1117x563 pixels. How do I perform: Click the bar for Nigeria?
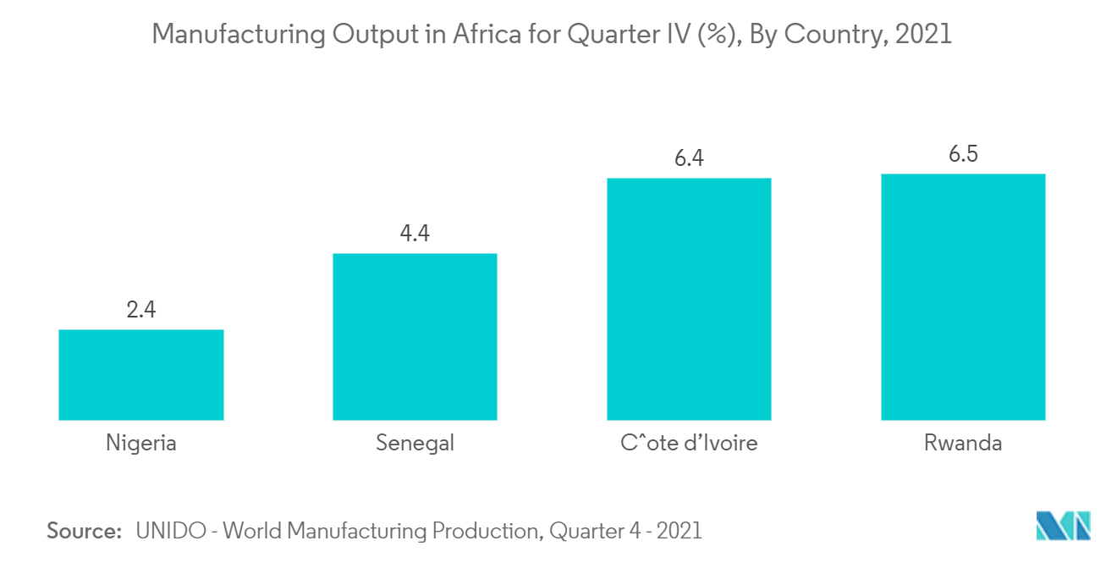click(x=141, y=375)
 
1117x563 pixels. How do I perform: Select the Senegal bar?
click(x=415, y=337)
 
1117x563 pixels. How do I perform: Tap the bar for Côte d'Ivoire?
click(x=689, y=299)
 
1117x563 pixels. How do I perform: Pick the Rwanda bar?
click(x=963, y=297)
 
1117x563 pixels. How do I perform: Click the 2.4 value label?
click(x=141, y=310)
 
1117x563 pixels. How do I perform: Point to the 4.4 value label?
click(x=415, y=233)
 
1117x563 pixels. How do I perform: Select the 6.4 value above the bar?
click(x=689, y=157)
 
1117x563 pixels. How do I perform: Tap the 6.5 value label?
click(x=963, y=153)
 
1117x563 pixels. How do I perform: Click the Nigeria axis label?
click(x=141, y=444)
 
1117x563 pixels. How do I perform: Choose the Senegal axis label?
click(x=415, y=444)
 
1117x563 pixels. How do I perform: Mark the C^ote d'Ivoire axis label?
click(x=689, y=443)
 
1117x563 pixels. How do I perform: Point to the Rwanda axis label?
click(x=963, y=443)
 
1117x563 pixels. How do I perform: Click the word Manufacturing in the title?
click(x=239, y=35)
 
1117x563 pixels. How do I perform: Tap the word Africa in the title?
click(x=487, y=34)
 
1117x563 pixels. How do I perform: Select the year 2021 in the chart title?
click(x=923, y=34)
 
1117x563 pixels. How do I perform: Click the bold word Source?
click(x=85, y=531)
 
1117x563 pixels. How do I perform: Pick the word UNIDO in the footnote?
click(x=171, y=531)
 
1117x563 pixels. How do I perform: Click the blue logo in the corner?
click(x=1064, y=525)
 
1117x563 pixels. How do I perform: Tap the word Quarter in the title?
click(x=614, y=34)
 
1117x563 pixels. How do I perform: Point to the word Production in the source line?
click(x=487, y=531)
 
